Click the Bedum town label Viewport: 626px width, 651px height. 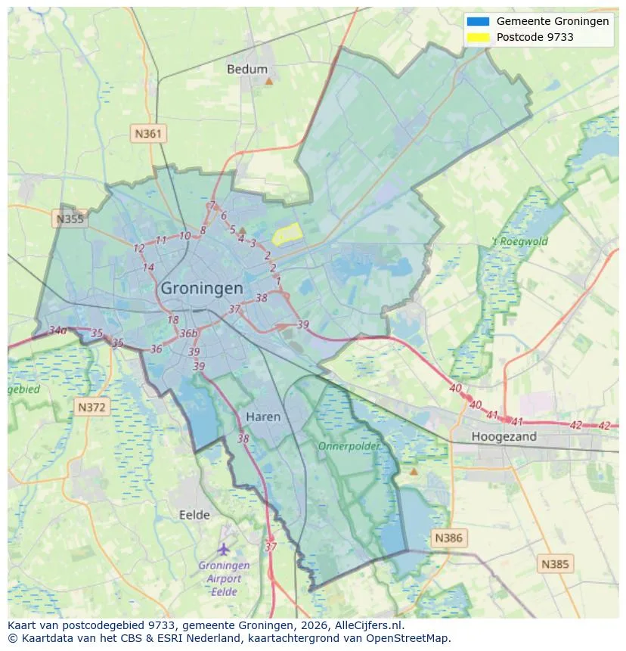247,69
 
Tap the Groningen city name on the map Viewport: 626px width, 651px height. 202,288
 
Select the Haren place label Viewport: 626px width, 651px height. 263,417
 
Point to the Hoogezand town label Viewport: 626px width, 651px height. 504,436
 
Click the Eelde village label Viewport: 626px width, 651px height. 194,515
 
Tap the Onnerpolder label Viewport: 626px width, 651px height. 349,446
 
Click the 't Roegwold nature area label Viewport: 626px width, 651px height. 520,242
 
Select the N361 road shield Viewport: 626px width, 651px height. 148,134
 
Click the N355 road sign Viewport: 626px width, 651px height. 70,219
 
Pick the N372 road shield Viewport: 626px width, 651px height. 93,408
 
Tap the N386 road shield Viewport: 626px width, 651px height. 449,538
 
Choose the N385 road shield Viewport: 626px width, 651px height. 556,563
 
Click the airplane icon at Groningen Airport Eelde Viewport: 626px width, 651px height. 223,548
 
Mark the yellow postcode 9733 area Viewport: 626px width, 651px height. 287,235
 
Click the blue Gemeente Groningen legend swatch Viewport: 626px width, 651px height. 479,21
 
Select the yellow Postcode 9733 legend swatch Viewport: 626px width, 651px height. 479,37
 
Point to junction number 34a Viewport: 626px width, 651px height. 57,330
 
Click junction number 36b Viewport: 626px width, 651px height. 188,333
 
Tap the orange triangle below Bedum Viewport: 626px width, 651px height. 268,80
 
